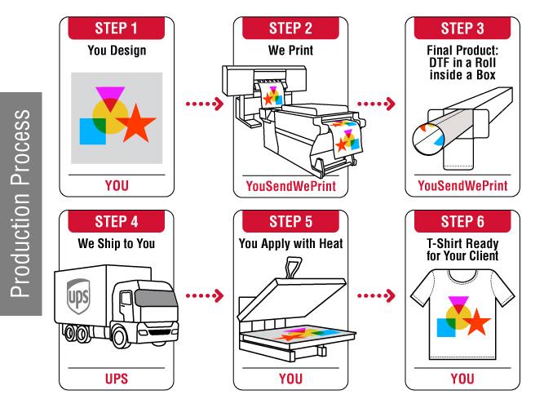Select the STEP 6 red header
[x=462, y=220]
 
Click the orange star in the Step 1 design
[x=135, y=123]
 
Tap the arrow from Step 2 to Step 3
[x=378, y=104]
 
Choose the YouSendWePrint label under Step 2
[x=291, y=186]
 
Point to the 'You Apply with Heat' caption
[x=291, y=242]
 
